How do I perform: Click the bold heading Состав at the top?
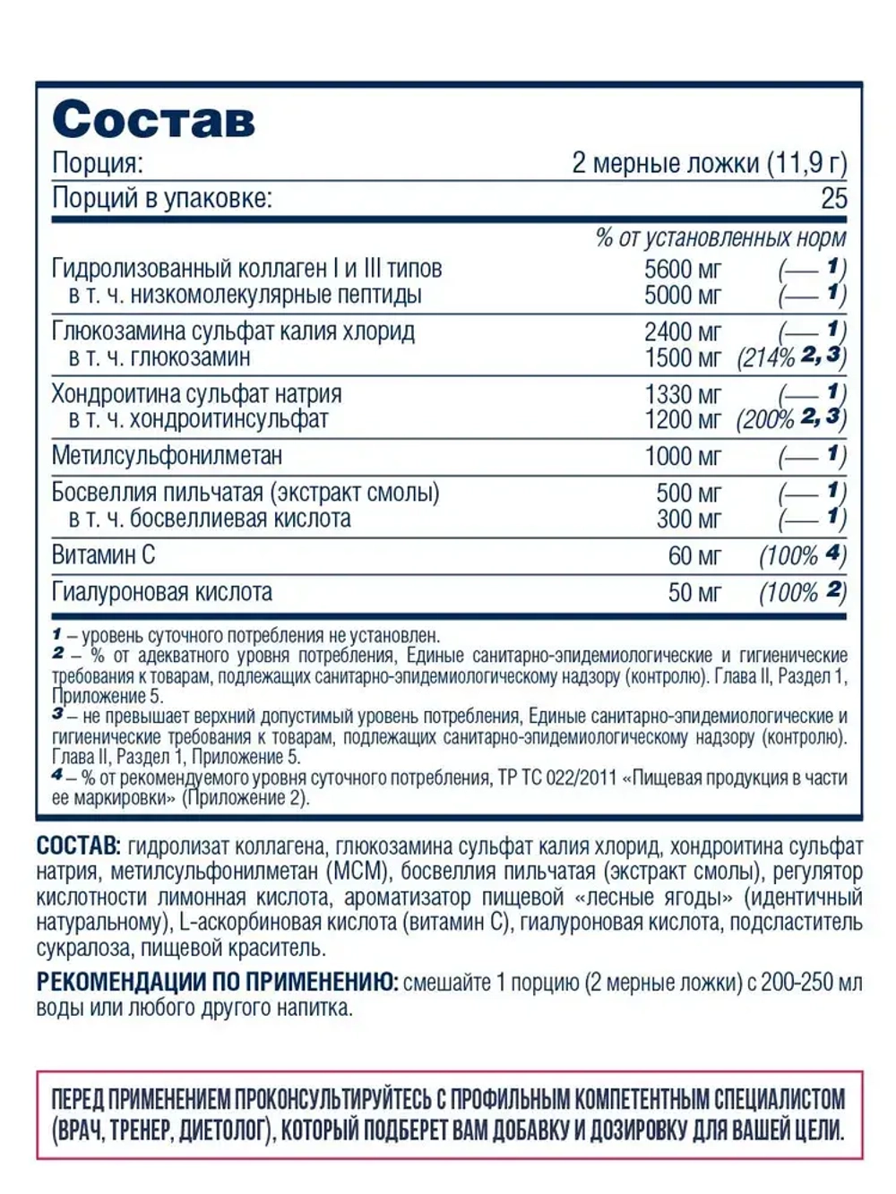pos(153,119)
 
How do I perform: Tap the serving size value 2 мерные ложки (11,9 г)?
pos(709,163)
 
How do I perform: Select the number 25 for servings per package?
pos(833,198)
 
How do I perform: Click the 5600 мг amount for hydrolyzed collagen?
pos(683,269)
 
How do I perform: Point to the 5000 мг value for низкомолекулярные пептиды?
pos(683,295)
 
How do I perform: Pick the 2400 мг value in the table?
pos(683,331)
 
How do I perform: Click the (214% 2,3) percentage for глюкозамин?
pos(791,357)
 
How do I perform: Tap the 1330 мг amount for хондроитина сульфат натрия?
pos(683,394)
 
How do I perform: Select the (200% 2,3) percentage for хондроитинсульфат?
pos(791,419)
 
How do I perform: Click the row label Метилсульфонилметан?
pos(167,456)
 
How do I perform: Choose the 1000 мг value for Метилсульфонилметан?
pos(683,456)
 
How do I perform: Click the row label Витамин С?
pos(103,555)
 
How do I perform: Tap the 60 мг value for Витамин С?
pos(694,556)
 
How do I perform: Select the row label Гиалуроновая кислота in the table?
pos(162,592)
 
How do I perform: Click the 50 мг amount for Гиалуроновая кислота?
pos(694,592)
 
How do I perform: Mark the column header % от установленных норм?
pos(720,238)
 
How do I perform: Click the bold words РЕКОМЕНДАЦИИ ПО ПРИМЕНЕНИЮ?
pos(218,983)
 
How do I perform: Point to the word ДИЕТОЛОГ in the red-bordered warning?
pos(224,1130)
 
